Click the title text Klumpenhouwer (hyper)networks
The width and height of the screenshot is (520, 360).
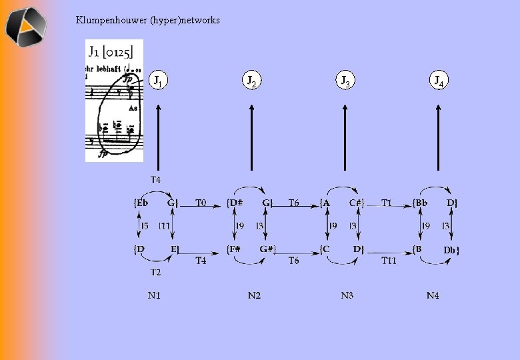click(x=147, y=20)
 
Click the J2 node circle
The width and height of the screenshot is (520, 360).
click(x=251, y=81)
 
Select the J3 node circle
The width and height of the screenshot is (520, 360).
click(x=345, y=81)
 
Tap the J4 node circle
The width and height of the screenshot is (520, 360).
click(x=438, y=81)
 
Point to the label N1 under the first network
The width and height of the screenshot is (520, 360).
click(x=154, y=295)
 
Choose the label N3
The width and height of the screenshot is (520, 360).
click(x=347, y=295)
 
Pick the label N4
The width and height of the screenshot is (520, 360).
click(x=433, y=295)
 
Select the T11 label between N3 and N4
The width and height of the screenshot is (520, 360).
click(x=389, y=261)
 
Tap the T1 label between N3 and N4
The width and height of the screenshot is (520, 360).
click(x=387, y=202)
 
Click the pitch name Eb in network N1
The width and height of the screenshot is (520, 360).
click(x=141, y=203)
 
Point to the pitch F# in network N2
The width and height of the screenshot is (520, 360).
click(x=235, y=249)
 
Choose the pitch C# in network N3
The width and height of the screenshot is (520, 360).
click(x=357, y=203)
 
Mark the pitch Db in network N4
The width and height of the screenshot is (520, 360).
click(x=451, y=250)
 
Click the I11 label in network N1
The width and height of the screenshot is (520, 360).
click(x=165, y=227)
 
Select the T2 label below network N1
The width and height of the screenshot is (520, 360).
click(x=155, y=272)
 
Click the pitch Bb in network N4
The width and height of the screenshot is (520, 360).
click(x=421, y=203)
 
